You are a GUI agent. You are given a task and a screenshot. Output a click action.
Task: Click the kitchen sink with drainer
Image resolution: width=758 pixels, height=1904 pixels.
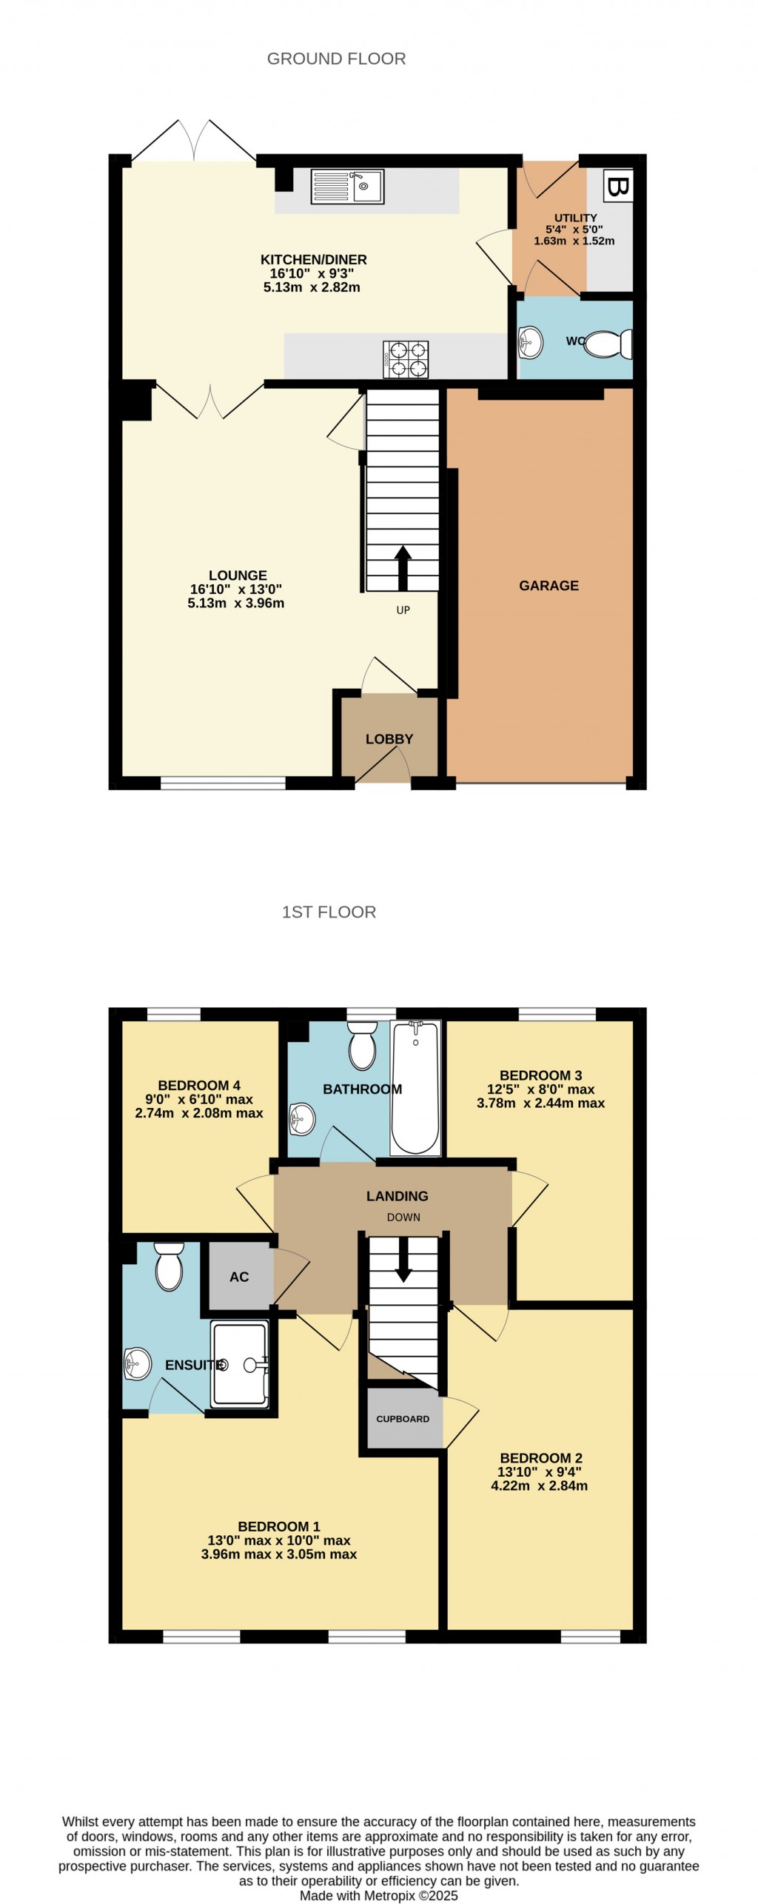pyautogui.click(x=347, y=187)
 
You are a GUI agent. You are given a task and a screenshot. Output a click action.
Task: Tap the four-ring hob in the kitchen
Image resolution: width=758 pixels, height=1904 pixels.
pyautogui.click(x=405, y=358)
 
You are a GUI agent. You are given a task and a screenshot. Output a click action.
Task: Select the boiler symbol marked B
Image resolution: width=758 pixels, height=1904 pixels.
pyautogui.click(x=617, y=186)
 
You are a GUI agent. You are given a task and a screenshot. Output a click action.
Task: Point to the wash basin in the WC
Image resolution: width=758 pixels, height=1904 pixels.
pyautogui.click(x=531, y=342)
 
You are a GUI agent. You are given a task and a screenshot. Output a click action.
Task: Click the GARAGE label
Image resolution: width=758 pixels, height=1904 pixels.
pyautogui.click(x=549, y=586)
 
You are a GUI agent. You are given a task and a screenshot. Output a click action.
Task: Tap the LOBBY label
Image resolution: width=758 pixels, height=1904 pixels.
pyautogui.click(x=389, y=739)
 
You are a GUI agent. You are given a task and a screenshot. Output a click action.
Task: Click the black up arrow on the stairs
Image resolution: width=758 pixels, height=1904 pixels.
pyautogui.click(x=403, y=567)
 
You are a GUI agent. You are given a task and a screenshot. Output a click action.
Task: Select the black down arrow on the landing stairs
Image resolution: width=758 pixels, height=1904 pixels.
pyautogui.click(x=403, y=1261)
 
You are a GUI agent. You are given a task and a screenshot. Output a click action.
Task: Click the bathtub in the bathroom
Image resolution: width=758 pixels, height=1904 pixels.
pyautogui.click(x=415, y=1087)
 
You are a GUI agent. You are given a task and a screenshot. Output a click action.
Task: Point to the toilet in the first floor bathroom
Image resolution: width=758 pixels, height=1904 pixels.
pyautogui.click(x=362, y=1045)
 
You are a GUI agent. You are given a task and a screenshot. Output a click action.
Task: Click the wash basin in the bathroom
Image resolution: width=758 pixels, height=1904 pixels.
pyautogui.click(x=302, y=1118)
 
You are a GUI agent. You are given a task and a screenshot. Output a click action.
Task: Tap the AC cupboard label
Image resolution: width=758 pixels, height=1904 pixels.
pyautogui.click(x=239, y=1277)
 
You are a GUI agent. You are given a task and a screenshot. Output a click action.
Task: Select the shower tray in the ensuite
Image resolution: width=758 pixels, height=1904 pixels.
pyautogui.click(x=239, y=1364)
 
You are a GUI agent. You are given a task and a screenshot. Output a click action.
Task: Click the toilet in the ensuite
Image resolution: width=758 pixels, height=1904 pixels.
pyautogui.click(x=169, y=1266)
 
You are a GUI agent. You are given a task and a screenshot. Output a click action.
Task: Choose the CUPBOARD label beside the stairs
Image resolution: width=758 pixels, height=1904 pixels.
pyautogui.click(x=403, y=1419)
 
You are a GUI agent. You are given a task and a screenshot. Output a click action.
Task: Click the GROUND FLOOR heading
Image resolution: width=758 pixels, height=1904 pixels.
pyautogui.click(x=336, y=59)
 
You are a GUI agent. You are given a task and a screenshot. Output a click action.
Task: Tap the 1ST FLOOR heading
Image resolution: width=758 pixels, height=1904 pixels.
pyautogui.click(x=329, y=912)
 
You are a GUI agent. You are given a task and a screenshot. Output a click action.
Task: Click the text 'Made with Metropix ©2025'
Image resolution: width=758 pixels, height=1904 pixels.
pyautogui.click(x=378, y=1896)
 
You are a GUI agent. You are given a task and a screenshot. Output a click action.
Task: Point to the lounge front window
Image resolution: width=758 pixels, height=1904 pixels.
pyautogui.click(x=223, y=783)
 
